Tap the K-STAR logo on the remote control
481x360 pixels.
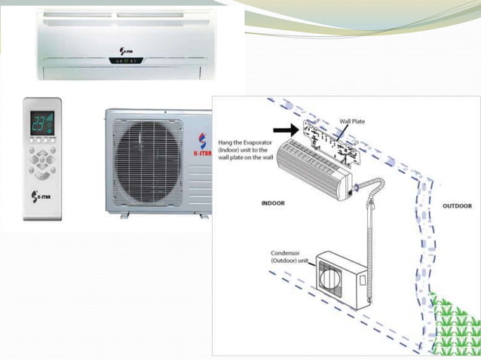point(41,197)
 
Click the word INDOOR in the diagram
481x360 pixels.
point(273,203)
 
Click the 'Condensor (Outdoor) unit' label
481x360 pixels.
point(290,258)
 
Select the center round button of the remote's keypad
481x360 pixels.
point(42,160)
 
